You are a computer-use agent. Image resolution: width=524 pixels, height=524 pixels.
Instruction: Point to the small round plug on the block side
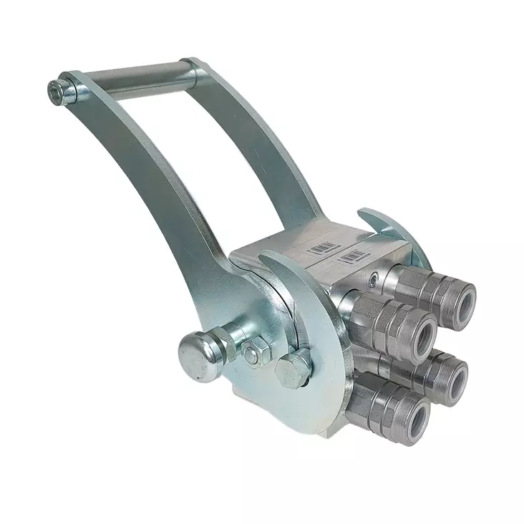(374, 274)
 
